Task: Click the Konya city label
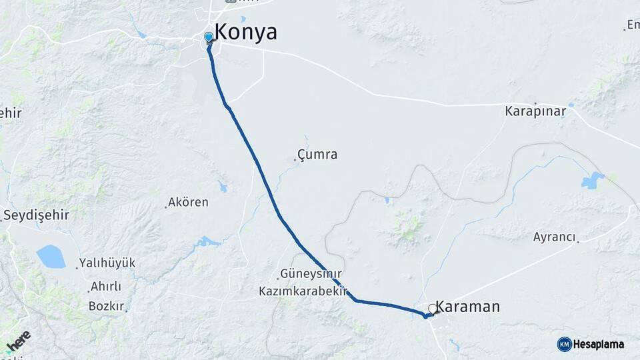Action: pos(245,33)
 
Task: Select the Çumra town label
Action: pos(317,155)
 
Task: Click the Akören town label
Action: pos(188,202)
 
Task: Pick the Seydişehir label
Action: pos(37,215)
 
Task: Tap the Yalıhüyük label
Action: pos(107,263)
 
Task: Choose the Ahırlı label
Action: pos(107,287)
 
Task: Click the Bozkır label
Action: pos(107,307)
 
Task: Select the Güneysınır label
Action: pos(311,274)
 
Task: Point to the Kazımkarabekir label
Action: pos(304,291)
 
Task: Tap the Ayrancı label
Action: pos(554,237)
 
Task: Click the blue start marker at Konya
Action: pos(209,37)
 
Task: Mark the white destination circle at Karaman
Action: pos(433,309)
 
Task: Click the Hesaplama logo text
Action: pos(598,344)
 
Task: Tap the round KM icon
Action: pos(564,344)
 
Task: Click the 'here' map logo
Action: pos(19,340)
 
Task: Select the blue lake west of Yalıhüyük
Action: pos(51,256)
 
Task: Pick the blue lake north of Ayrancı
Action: pos(592,180)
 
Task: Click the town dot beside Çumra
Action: pos(295,160)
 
